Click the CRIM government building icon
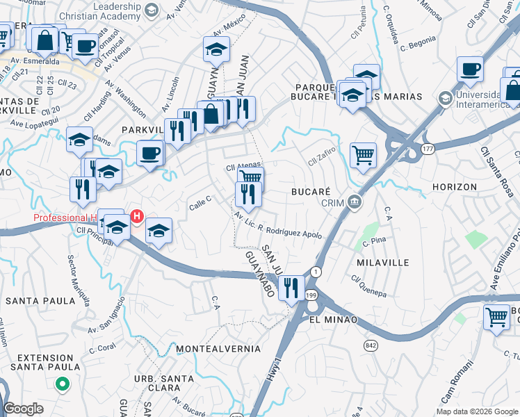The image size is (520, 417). point(355,202)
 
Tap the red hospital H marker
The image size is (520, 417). point(137,217)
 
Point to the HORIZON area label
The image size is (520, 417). point(454,187)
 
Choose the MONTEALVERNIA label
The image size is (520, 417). point(218,348)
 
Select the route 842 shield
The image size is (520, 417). point(368,345)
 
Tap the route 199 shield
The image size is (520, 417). point(311,295)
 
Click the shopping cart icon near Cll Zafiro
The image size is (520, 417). point(363,155)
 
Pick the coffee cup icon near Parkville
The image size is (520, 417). point(149,152)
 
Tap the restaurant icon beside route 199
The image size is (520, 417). point(291,286)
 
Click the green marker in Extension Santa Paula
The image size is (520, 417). point(62,383)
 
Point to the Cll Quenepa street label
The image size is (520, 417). point(368,286)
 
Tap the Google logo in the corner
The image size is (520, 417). point(23,409)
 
